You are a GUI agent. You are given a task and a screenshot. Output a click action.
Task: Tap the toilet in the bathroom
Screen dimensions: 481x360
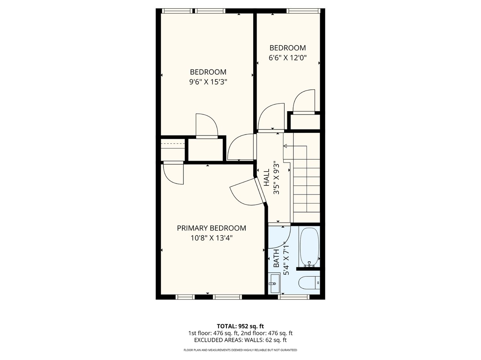coord(309,283)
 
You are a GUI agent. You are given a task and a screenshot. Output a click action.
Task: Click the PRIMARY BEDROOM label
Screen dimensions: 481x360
coord(212,228)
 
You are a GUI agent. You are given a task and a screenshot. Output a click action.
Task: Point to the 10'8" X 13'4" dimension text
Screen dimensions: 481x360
coord(212,238)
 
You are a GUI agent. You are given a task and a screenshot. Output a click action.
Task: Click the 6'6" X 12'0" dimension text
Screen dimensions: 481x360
coord(287,57)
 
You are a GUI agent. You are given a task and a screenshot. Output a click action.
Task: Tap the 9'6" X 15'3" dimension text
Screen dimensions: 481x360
coord(208,82)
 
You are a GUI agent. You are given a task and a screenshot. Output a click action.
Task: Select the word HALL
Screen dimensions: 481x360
coord(266,178)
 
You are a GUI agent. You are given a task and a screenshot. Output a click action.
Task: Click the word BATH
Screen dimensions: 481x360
coord(276,258)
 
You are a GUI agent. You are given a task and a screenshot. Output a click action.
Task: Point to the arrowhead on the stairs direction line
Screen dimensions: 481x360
coord(285,146)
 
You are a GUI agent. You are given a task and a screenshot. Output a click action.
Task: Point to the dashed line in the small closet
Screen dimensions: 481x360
coord(173,143)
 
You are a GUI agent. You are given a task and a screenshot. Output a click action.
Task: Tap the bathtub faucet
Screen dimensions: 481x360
coord(309,264)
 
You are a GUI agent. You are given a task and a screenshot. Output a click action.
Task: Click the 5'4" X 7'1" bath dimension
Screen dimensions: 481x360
coord(286,258)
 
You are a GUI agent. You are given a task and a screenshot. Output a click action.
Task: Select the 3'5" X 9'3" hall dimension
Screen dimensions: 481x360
coord(276,178)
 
